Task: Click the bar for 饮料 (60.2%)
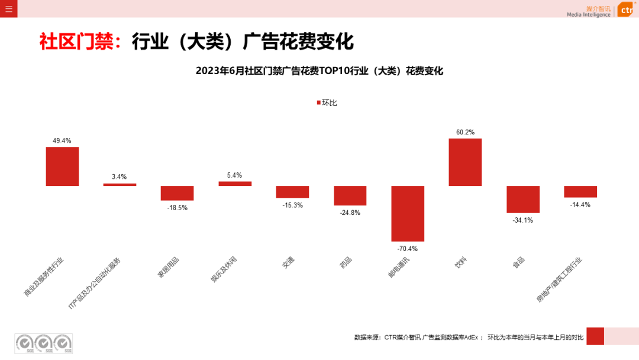(465, 162)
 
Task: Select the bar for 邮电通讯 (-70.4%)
(408, 213)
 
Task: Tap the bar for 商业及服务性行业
(62, 166)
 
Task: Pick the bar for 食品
(522, 199)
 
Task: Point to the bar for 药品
(350, 195)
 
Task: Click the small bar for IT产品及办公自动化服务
(120, 184)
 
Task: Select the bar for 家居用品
(177, 193)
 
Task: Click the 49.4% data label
(62, 141)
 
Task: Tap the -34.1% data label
(522, 220)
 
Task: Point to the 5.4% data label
(234, 175)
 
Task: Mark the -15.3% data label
(292, 205)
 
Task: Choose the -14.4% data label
(580, 205)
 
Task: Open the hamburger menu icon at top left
(8, 8)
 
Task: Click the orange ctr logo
(625, 10)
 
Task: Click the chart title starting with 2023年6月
(319, 71)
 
